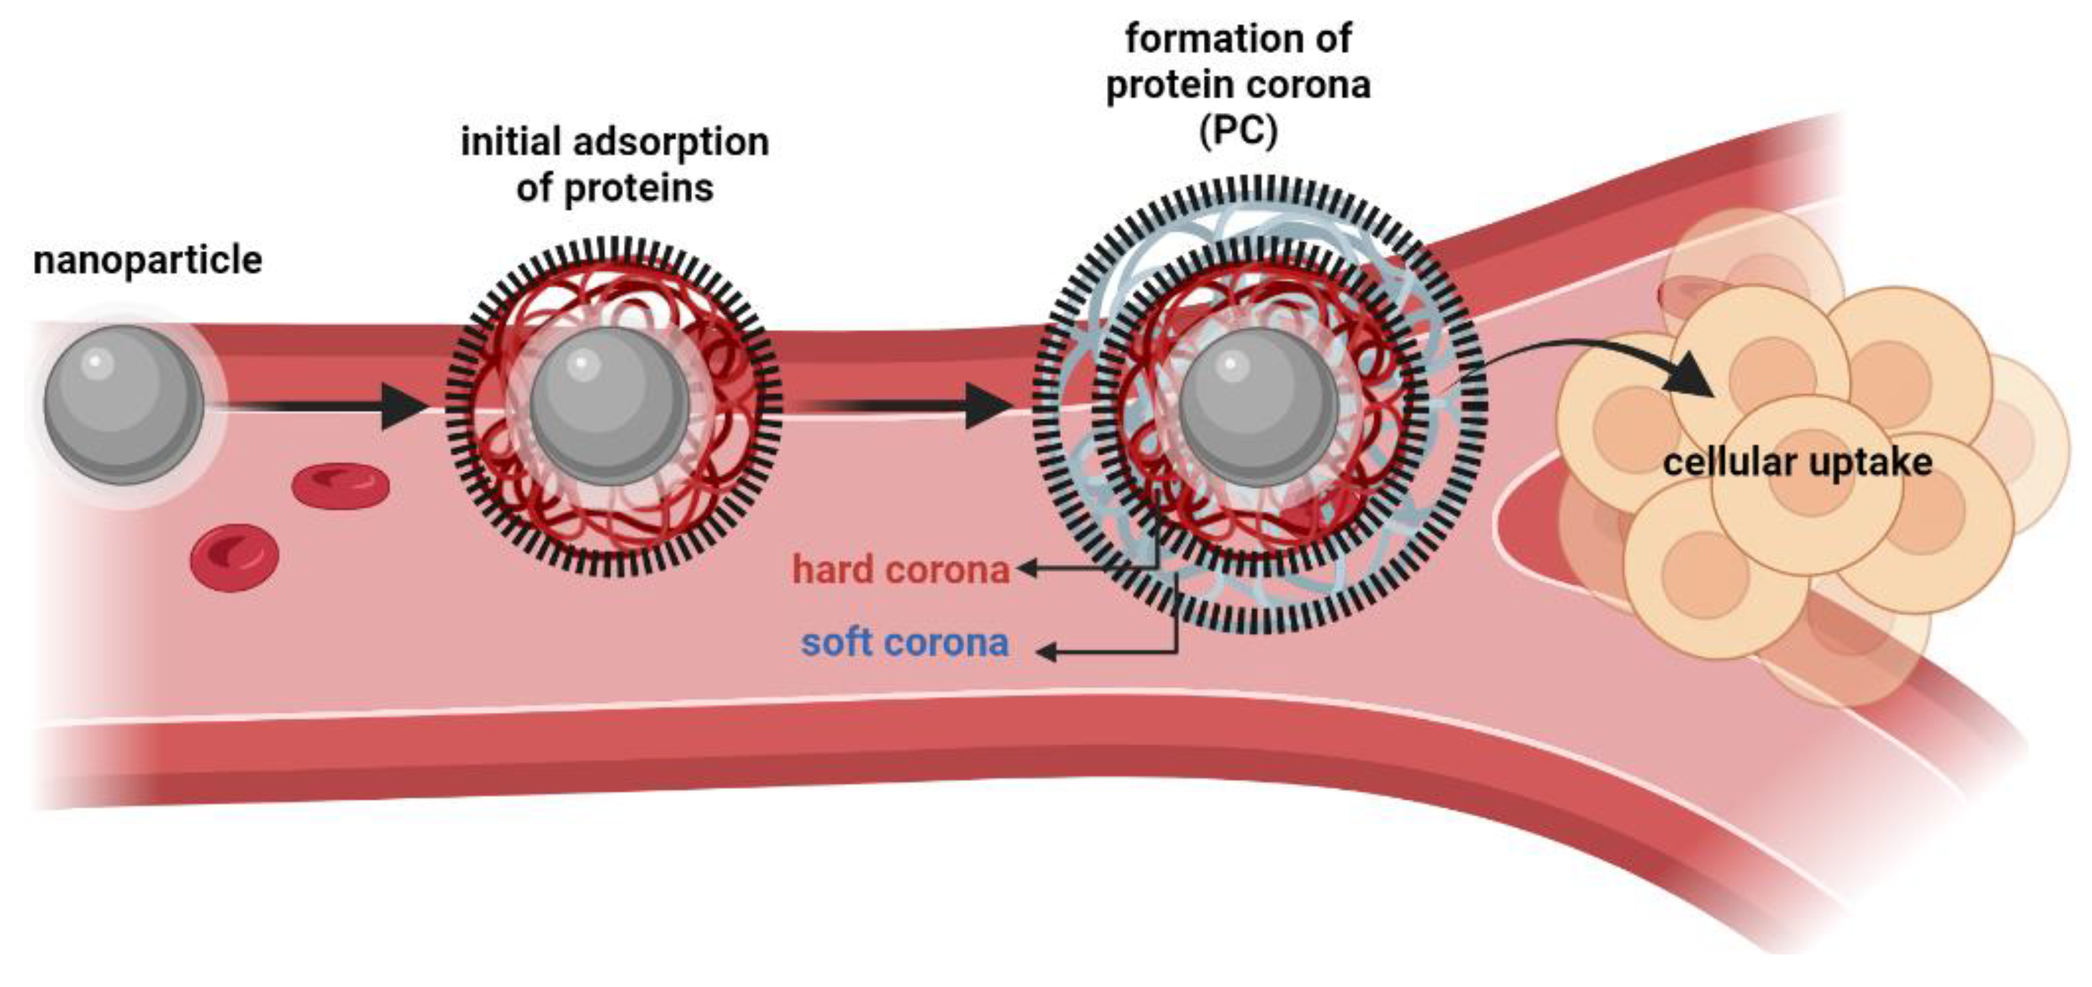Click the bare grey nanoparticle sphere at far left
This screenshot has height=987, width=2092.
pos(124,405)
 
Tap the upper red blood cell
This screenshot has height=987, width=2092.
pos(340,486)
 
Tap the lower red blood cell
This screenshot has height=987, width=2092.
pos(234,557)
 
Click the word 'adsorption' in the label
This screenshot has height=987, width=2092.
pos(671,143)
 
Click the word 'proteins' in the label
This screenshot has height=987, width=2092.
pos(638,189)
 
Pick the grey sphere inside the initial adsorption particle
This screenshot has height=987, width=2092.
pos(609,406)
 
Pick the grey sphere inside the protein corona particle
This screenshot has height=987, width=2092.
pos(1257,406)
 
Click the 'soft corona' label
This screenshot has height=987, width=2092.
pos(905,643)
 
